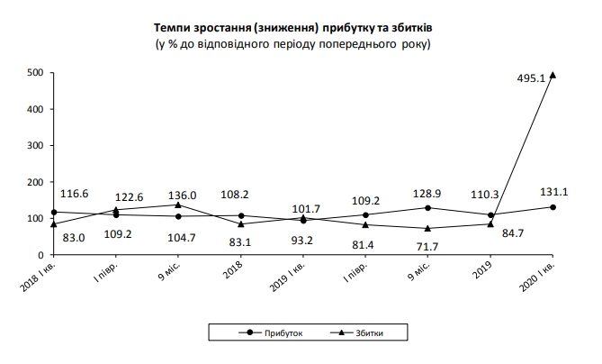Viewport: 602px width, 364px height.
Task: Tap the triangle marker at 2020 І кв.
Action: tap(553, 75)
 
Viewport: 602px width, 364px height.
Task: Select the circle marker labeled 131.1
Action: tap(553, 207)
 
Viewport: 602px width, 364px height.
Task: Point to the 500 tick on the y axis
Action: tap(36, 73)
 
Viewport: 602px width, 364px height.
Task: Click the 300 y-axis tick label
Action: tap(36, 146)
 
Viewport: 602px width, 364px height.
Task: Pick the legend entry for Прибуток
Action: tap(274, 333)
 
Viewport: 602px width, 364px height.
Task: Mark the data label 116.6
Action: tap(75, 194)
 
